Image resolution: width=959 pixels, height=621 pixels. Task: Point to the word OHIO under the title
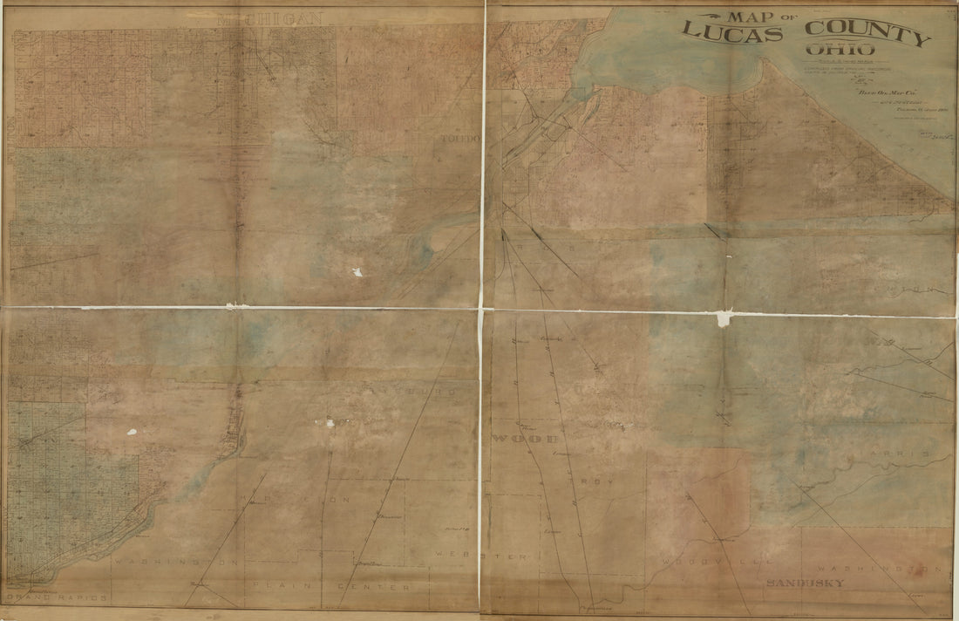[833, 50]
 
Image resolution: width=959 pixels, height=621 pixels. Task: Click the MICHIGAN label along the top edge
[269, 18]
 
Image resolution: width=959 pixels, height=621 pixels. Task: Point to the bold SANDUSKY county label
[805, 582]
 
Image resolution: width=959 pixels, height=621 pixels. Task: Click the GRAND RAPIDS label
[55, 598]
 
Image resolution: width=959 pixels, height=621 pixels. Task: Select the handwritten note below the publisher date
[934, 133]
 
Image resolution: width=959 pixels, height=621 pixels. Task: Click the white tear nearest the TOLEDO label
[357, 272]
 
